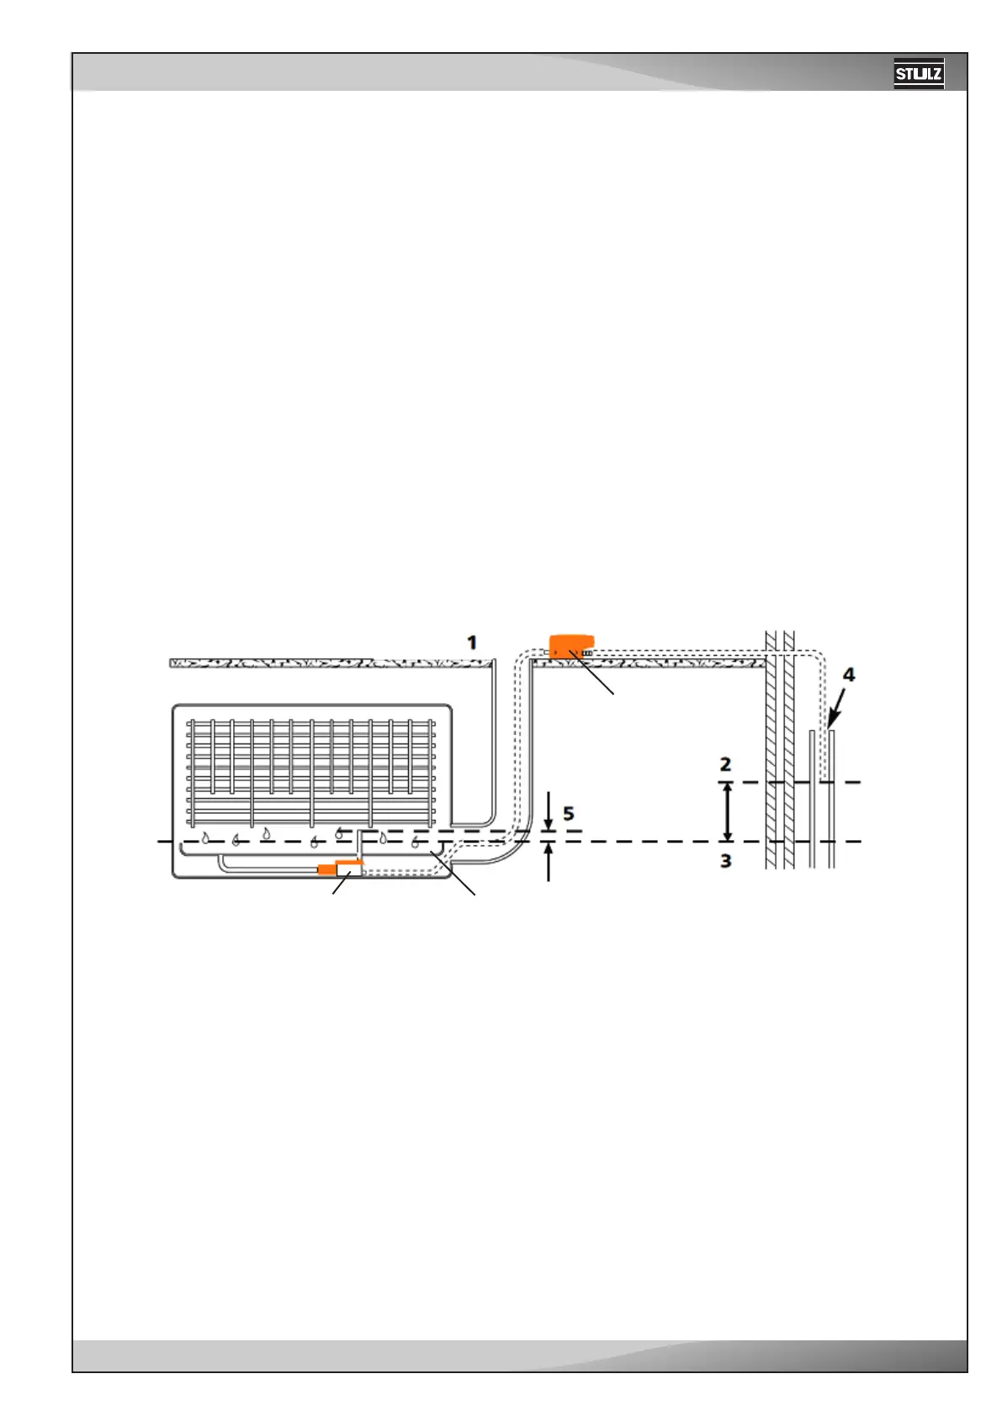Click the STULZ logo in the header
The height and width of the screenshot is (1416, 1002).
tap(918, 74)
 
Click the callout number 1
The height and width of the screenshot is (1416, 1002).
tap(472, 642)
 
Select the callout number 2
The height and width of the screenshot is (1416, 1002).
tap(725, 764)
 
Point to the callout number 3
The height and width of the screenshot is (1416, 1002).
tap(725, 861)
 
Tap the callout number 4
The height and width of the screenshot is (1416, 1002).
tap(849, 674)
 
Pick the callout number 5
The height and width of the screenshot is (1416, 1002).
tap(569, 813)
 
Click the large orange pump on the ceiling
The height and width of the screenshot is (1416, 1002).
tap(571, 647)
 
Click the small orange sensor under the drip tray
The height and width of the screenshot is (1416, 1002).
tap(326, 869)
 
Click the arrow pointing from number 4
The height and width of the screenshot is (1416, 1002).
tap(838, 705)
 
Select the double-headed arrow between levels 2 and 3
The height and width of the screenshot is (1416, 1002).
tap(728, 811)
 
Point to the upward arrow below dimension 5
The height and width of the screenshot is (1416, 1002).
tap(549, 862)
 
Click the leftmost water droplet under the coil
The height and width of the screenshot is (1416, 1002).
tap(204, 837)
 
